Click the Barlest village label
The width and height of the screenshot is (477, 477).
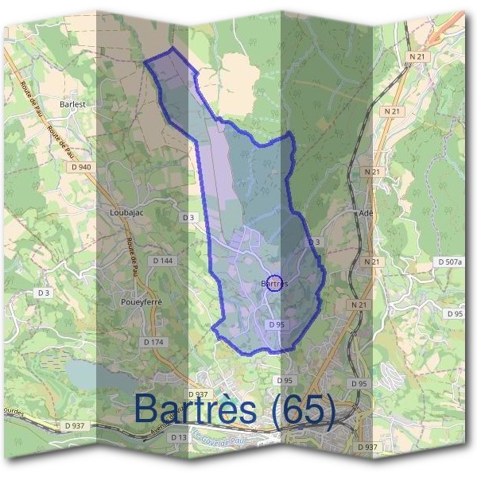[72, 103]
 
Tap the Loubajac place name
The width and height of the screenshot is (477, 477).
[125, 213]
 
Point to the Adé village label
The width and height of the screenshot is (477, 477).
[366, 213]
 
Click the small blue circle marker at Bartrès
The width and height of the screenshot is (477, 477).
[273, 283]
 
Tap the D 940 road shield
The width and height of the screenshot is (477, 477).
[81, 167]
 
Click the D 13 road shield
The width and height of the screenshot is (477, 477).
[179, 437]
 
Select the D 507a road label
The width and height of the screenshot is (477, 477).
[450, 262]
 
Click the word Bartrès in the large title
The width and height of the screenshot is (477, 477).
[196, 409]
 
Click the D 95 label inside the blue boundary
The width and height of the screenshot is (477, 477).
[277, 324]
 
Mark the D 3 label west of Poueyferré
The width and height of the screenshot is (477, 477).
[44, 293]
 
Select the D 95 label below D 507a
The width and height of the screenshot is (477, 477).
[455, 314]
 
